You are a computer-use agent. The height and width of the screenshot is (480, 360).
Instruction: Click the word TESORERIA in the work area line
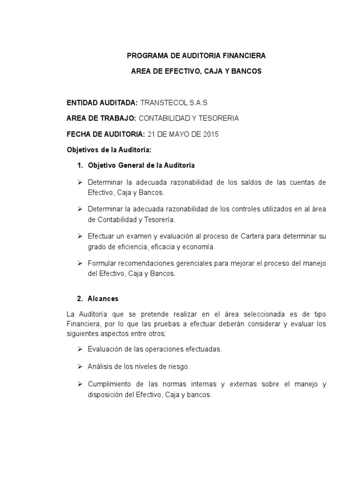point(218,118)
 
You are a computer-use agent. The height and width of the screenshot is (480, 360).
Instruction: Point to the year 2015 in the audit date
point(211,134)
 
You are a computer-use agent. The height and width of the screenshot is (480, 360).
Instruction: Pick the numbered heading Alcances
point(103,299)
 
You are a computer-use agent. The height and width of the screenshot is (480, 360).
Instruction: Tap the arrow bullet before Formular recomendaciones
point(79,263)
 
